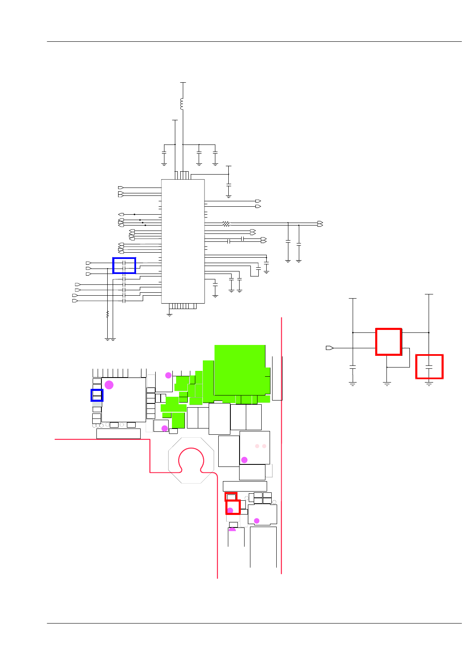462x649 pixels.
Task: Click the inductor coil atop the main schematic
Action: [x=182, y=104]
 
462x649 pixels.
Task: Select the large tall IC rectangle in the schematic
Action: [x=183, y=241]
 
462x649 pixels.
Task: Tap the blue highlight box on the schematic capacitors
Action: [x=124, y=266]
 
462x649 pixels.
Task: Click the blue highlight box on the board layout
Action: [x=97, y=395]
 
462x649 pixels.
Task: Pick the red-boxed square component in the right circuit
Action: [x=389, y=342]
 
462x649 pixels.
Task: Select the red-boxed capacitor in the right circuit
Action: [x=429, y=367]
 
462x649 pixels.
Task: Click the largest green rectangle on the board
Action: [x=240, y=370]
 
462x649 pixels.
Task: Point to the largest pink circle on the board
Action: [x=109, y=385]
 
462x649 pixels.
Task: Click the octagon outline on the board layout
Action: [x=191, y=460]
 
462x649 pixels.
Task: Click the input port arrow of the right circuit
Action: [x=329, y=348]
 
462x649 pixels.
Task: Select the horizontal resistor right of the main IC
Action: [x=226, y=224]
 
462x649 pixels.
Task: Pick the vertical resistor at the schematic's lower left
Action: [x=107, y=314]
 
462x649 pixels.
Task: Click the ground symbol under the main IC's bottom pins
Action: [x=169, y=314]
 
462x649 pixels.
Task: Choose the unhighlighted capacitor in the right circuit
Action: [x=353, y=367]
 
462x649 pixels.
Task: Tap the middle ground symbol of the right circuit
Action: [x=387, y=382]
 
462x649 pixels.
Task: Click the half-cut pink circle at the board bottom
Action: [x=232, y=530]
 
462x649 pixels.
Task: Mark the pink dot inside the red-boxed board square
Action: [x=230, y=510]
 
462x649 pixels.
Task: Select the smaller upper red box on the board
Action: [x=231, y=497]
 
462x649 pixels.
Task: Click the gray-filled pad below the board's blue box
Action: [x=97, y=404]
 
